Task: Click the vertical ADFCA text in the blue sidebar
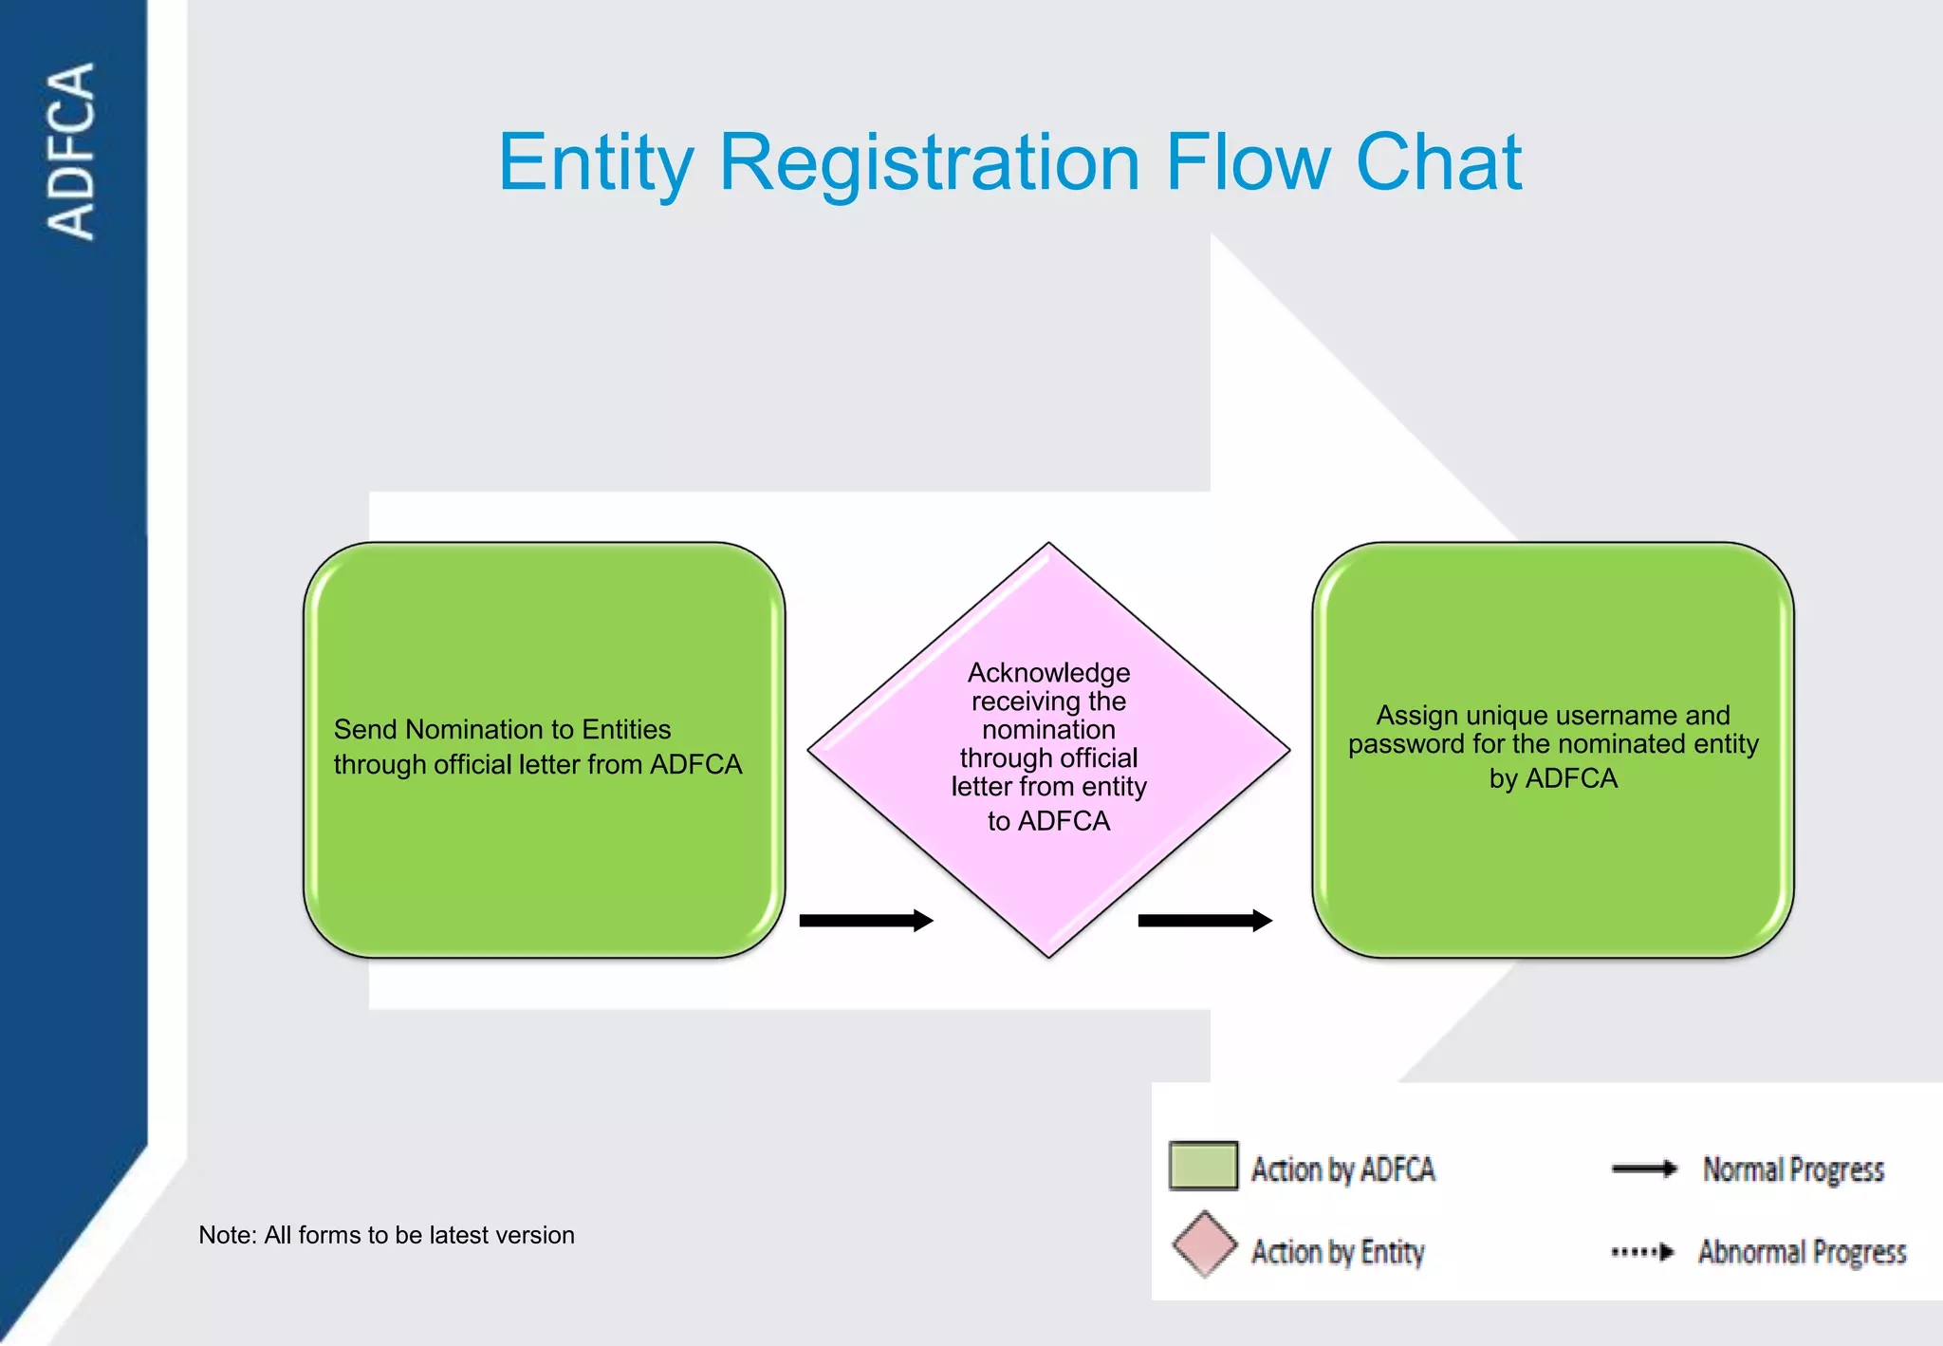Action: (72, 152)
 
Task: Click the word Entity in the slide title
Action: (596, 163)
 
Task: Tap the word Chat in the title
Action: (1438, 163)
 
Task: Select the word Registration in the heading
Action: (930, 163)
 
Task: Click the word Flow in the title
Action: (1248, 163)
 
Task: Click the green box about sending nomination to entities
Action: (544, 750)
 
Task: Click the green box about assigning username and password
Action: (1553, 750)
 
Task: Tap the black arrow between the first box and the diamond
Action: (866, 920)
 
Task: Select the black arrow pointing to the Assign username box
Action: (1205, 920)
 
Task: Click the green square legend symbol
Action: (1203, 1166)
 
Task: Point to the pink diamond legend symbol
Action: (1204, 1244)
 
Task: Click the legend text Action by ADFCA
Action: (1342, 1169)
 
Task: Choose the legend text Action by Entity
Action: (1338, 1252)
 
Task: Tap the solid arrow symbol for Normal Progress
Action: (1644, 1168)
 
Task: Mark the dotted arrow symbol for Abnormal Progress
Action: (1643, 1252)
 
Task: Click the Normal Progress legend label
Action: (1793, 1169)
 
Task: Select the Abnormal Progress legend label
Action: (1802, 1252)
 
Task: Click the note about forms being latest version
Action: (386, 1235)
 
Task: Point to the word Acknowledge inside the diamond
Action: (1048, 673)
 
